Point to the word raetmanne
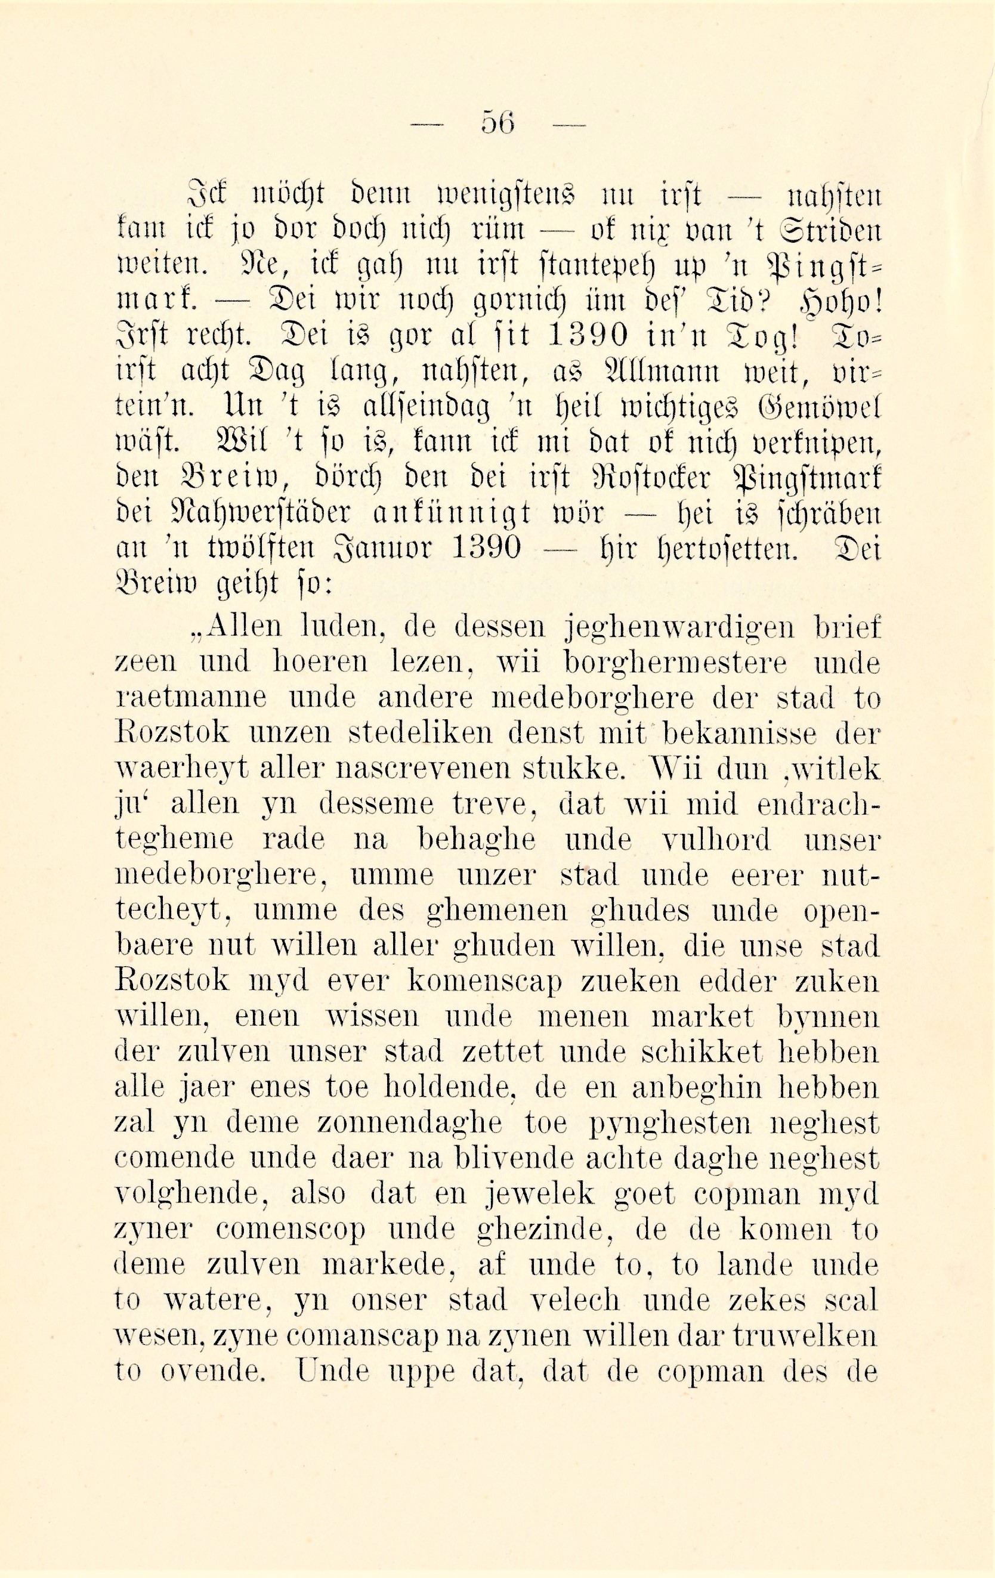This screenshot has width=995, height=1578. (x=191, y=699)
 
